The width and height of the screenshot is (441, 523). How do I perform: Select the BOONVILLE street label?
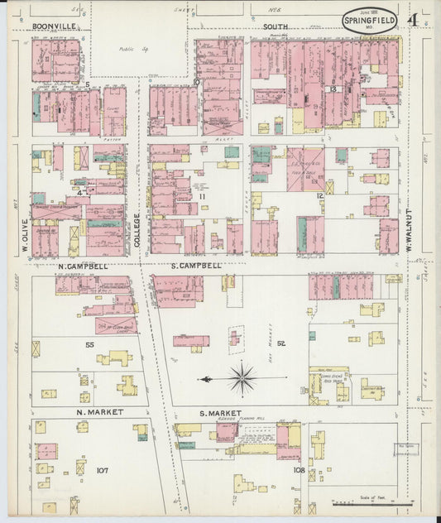coord(55,26)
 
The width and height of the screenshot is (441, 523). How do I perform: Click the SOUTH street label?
coord(275,26)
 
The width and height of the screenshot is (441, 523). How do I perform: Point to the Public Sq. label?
coord(127,49)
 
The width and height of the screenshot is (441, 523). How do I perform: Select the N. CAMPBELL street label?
coord(83,266)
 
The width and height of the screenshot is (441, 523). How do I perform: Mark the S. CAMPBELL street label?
coord(197,266)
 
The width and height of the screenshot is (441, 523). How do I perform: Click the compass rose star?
coord(242,379)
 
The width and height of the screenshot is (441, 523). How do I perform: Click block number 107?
coord(102,470)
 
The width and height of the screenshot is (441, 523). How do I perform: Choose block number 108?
coord(299,470)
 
